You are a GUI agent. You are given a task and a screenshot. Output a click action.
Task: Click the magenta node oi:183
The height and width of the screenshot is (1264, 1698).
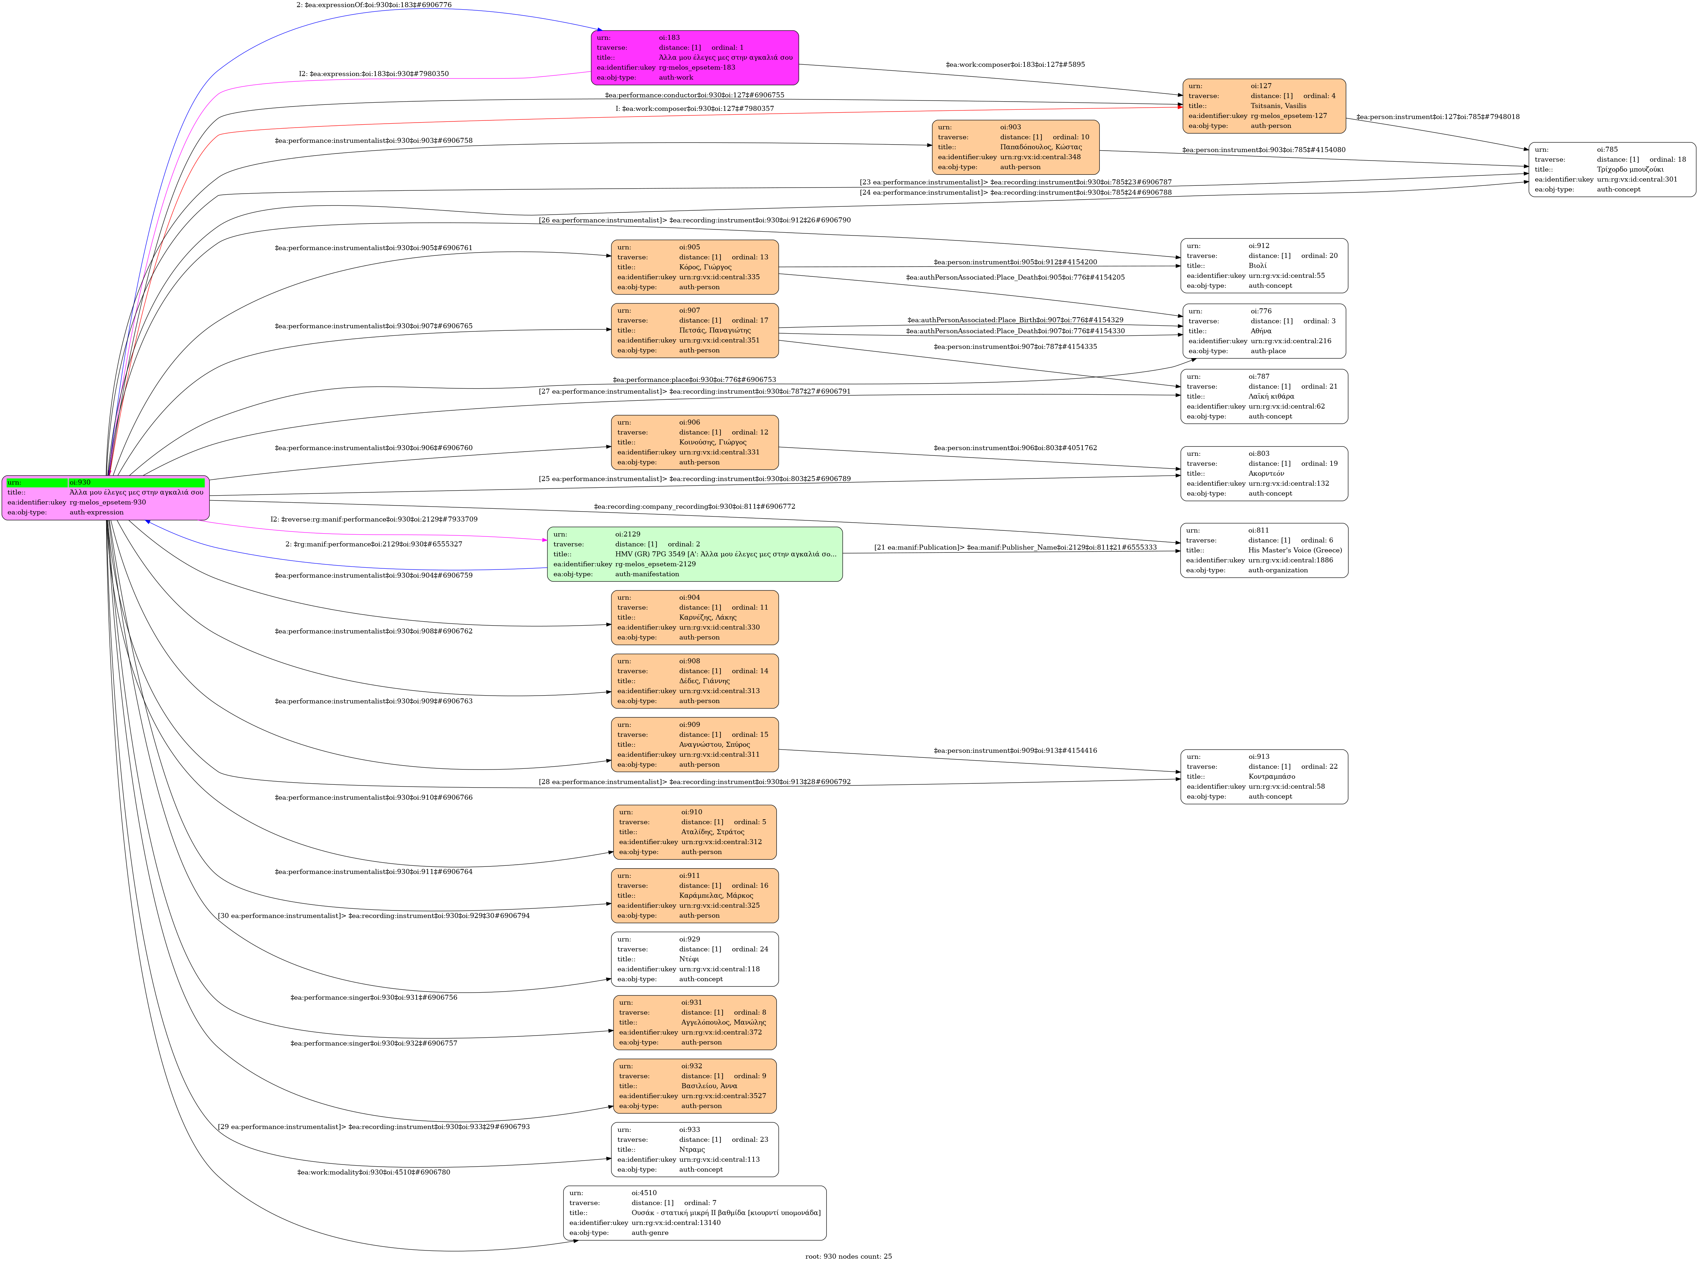(694, 58)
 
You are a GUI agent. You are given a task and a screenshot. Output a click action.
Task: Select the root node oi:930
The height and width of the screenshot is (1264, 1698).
(106, 497)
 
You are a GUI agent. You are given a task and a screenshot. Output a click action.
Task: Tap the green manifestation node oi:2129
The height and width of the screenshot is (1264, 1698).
(694, 554)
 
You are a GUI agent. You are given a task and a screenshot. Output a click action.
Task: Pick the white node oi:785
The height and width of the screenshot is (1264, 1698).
(1612, 169)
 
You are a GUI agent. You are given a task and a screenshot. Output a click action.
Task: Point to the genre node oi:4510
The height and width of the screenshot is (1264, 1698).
(694, 1213)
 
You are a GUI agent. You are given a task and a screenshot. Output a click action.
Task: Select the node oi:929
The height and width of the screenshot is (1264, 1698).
(694, 959)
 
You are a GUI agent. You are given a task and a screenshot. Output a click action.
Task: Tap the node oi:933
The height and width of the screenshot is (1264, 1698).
(694, 1149)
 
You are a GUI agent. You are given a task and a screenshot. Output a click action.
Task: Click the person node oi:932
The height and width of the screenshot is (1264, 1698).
(694, 1086)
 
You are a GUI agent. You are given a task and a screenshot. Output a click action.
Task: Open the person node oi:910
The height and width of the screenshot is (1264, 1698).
(694, 832)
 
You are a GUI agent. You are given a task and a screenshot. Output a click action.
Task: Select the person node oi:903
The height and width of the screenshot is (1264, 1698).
(1015, 147)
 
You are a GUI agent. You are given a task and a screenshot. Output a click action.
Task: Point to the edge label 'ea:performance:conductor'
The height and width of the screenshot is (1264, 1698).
(694, 95)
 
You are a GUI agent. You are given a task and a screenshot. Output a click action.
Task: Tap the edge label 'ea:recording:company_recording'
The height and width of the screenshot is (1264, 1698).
(694, 507)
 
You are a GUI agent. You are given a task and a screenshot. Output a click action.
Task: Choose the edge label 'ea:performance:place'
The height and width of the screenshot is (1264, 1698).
(694, 379)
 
